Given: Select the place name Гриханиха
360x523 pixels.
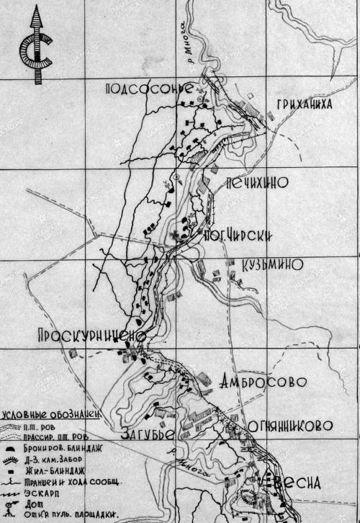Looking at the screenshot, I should [302, 104].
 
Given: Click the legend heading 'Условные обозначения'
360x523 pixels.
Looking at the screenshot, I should [49, 416].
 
